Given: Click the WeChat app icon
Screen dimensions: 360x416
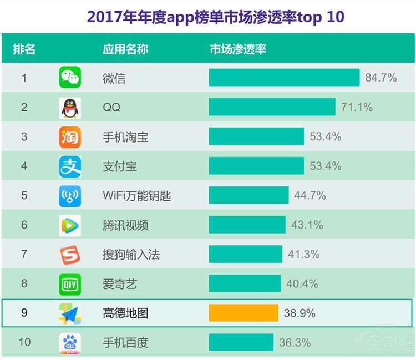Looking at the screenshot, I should pyautogui.click(x=70, y=78).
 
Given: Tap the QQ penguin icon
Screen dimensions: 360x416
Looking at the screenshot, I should pyautogui.click(x=70, y=108).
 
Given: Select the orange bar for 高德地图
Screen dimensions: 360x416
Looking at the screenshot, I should pyautogui.click(x=243, y=313).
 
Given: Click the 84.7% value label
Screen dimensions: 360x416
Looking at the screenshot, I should pyautogui.click(x=381, y=78).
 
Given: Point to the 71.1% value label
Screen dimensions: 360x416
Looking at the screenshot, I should pyautogui.click(x=357, y=107).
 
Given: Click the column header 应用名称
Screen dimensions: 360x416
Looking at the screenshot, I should pyautogui.click(x=125, y=49).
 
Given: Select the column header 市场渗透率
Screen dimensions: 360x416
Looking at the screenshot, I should pyautogui.click(x=238, y=49).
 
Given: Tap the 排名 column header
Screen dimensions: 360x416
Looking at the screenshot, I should pyautogui.click(x=24, y=49).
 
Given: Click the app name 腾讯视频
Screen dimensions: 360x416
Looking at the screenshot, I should pyautogui.click(x=125, y=225).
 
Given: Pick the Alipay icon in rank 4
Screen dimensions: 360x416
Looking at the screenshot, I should pyautogui.click(x=70, y=166).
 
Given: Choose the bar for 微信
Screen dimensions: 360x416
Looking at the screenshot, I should pyautogui.click(x=284, y=78).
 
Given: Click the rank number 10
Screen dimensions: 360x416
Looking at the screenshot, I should pyautogui.click(x=24, y=342).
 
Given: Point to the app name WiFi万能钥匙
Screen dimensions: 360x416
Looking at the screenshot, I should pyautogui.click(x=137, y=196).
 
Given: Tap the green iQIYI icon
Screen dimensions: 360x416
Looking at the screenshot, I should pyautogui.click(x=70, y=284).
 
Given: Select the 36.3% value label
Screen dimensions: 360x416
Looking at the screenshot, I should pyautogui.click(x=295, y=342).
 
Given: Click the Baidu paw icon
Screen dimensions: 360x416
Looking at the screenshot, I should pyautogui.click(x=70, y=342).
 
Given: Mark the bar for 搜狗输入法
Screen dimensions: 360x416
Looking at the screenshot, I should pyautogui.click(x=245, y=255).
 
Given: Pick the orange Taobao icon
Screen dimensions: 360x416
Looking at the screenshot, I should pyautogui.click(x=70, y=137).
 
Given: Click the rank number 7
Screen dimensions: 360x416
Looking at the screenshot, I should pyautogui.click(x=24, y=255).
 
